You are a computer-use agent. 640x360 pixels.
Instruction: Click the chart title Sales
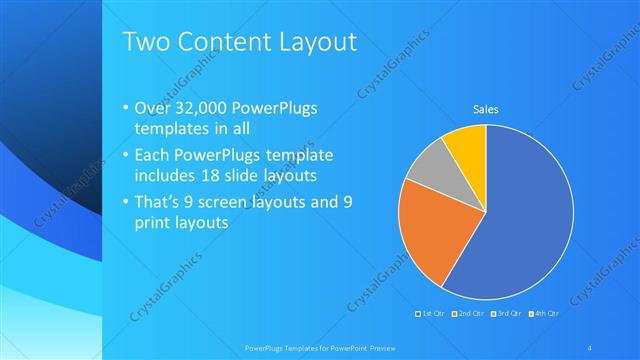(x=486, y=109)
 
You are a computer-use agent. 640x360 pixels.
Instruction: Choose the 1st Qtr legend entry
(x=434, y=315)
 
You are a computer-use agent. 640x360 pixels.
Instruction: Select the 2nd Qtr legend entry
(x=470, y=315)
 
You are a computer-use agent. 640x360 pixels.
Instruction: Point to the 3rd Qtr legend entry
(x=506, y=315)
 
